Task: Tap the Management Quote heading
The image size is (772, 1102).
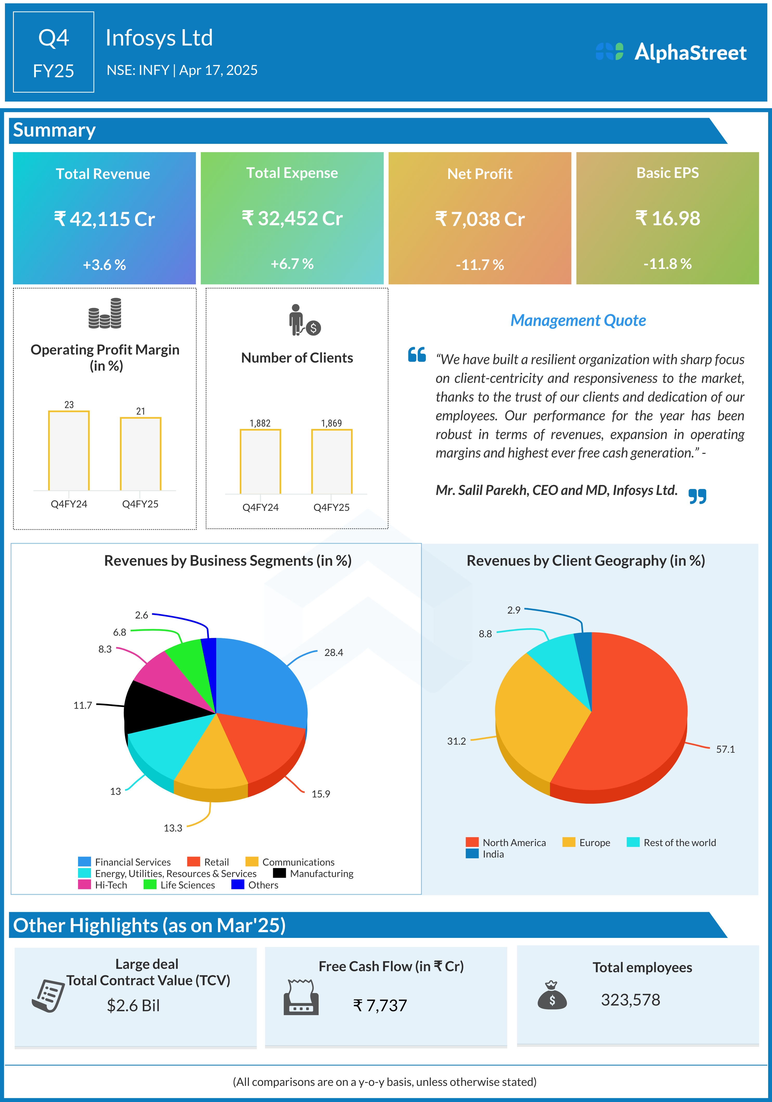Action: pyautogui.click(x=578, y=320)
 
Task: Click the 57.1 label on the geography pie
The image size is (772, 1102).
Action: pyautogui.click(x=725, y=749)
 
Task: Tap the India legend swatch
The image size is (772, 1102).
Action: pyautogui.click(x=472, y=854)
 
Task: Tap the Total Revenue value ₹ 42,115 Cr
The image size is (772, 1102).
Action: pyautogui.click(x=104, y=219)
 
